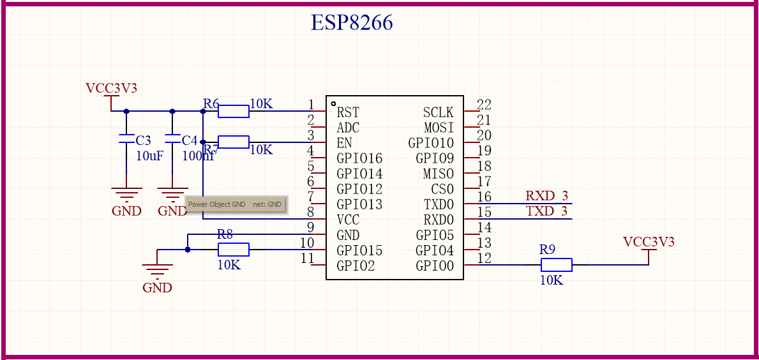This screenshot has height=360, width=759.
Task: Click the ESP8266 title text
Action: [x=352, y=23]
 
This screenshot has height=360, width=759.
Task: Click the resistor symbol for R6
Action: [x=233, y=112]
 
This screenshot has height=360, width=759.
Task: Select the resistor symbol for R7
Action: [x=233, y=142]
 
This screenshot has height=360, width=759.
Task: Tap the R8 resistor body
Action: [x=233, y=250]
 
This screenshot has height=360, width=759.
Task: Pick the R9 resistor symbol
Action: [x=556, y=265]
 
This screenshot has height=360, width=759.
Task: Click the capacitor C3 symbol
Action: [x=126, y=139]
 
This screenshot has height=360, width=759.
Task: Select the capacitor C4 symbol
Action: [x=172, y=139]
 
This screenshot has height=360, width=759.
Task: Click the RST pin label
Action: [x=348, y=113]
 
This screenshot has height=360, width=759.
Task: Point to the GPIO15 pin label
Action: [x=359, y=251]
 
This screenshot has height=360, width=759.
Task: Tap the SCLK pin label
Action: [x=438, y=113]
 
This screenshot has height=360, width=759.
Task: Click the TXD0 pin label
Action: [x=439, y=205]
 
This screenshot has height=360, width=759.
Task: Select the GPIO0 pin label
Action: [x=435, y=266]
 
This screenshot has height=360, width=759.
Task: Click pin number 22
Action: [x=484, y=105]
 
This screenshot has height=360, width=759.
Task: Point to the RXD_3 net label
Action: [x=546, y=196]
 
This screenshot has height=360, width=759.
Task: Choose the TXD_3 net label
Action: [x=546, y=211]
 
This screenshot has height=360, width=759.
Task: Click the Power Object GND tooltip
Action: [x=235, y=204]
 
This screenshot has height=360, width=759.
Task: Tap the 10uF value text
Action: [x=149, y=155]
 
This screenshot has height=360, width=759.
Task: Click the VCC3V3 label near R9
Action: [x=649, y=242]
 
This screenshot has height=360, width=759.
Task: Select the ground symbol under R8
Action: [x=157, y=271]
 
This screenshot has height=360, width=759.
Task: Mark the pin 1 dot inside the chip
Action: [x=333, y=103]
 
